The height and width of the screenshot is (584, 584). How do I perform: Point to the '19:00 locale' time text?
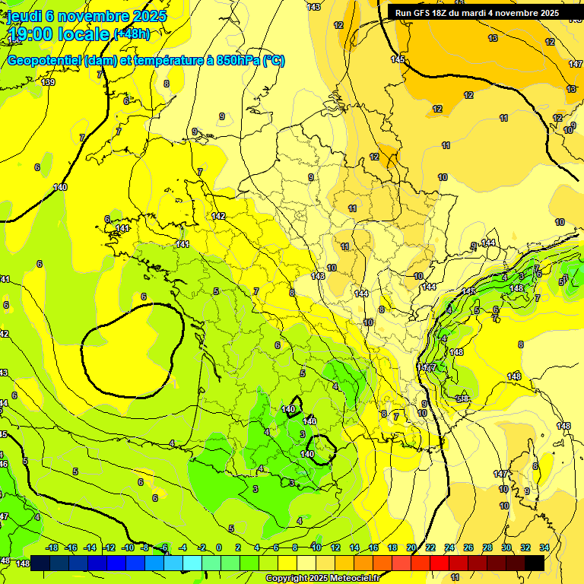point(58,34)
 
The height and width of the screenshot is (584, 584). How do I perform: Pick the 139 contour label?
point(48,82)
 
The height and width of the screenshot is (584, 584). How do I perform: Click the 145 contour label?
point(398,59)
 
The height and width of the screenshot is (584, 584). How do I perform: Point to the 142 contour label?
point(218,217)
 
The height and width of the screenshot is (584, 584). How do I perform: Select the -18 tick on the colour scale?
point(52,547)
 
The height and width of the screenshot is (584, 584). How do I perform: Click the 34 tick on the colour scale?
point(544,547)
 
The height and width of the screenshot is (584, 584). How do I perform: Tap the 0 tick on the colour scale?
point(219,547)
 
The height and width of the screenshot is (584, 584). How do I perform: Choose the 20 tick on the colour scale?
point(411,547)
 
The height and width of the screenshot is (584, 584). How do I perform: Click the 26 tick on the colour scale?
point(468,547)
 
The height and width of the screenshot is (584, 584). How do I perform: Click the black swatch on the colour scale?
point(535,563)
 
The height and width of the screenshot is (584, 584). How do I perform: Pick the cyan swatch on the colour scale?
point(192,563)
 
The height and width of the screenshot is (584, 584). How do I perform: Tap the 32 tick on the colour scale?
point(525,547)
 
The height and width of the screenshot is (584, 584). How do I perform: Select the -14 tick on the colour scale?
point(90,547)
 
